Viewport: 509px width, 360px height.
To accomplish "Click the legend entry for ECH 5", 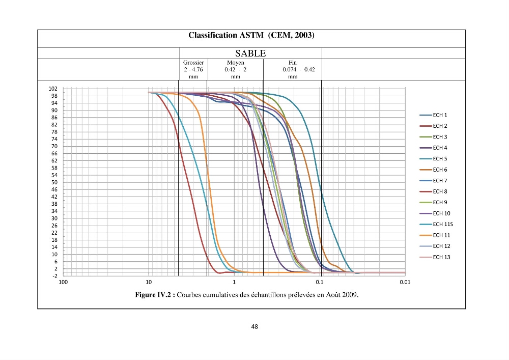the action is (433, 159).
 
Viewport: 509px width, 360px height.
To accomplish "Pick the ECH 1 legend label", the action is (433, 115).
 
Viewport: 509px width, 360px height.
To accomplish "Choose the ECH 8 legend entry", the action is (433, 191).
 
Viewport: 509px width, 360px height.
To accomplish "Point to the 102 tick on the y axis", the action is (53, 89).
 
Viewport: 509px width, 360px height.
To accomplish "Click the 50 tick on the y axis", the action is (54, 182).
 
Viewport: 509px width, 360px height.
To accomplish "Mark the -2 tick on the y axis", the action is (54, 276).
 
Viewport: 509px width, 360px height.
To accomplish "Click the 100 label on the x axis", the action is (63, 282).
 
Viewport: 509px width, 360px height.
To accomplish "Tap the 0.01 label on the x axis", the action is (405, 282).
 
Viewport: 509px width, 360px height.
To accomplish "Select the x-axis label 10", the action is (149, 282).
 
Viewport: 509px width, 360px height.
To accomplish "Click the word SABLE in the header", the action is (250, 53).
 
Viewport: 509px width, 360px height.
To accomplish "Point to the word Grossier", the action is (193, 62).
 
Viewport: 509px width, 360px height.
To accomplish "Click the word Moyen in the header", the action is (236, 62).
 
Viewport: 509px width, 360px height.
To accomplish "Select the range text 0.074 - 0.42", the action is (299, 69).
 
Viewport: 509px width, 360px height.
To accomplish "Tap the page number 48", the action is (254, 326).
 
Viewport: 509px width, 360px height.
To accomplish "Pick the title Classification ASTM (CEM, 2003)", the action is (251, 35).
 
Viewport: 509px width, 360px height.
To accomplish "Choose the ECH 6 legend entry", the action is (433, 170).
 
